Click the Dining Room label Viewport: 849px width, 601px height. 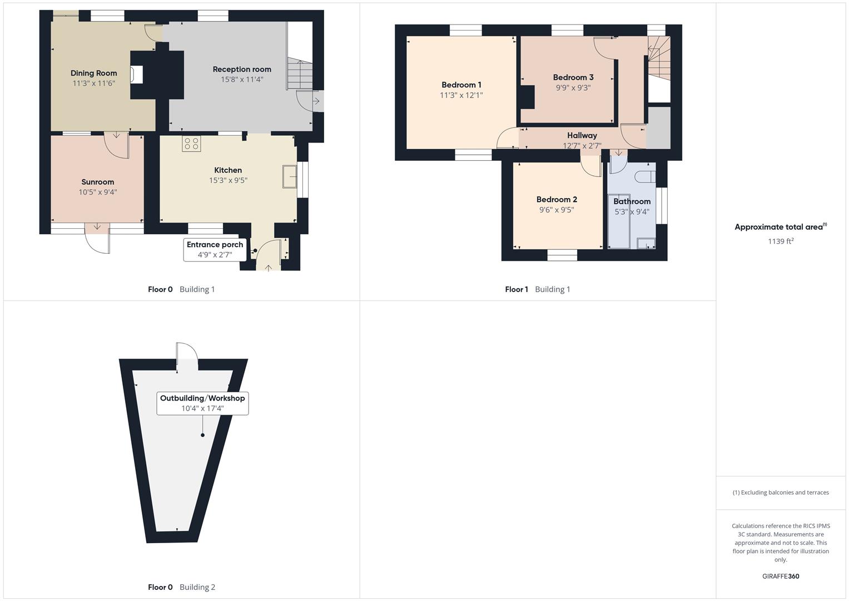tap(93, 73)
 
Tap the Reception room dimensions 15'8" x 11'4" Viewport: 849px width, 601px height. tap(242, 80)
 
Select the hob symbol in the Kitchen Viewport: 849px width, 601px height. tap(191, 144)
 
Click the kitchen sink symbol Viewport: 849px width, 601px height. tap(290, 176)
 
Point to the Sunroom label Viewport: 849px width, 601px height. tap(97, 182)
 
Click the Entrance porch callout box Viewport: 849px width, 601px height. tap(215, 250)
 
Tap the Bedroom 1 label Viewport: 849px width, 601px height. tap(461, 85)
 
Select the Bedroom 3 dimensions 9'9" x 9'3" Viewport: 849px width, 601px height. tap(573, 88)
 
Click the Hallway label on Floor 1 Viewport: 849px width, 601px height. tap(582, 135)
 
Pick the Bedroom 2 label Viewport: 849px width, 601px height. tap(557, 199)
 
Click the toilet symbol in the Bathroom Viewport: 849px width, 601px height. tap(646, 176)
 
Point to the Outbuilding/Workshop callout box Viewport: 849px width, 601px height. tap(202, 403)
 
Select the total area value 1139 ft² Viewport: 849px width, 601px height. tap(781, 242)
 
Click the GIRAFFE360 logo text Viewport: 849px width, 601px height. tap(781, 577)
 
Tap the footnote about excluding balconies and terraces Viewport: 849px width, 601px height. tap(781, 492)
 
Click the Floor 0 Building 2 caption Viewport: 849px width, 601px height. tap(181, 587)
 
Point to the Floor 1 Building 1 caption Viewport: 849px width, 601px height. tap(537, 289)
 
